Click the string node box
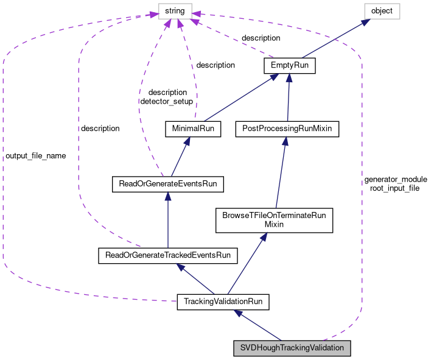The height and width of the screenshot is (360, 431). [x=175, y=12]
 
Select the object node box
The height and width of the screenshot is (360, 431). [x=382, y=12]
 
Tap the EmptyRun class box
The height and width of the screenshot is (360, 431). [x=290, y=65]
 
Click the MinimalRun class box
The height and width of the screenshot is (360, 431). [x=193, y=129]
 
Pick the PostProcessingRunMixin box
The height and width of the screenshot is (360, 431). [x=287, y=129]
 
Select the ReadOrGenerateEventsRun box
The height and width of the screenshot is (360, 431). [x=168, y=184]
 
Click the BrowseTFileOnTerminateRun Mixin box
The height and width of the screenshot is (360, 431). [x=275, y=221]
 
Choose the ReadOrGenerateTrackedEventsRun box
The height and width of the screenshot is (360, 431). [x=168, y=256]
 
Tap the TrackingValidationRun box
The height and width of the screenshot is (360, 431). [x=223, y=302]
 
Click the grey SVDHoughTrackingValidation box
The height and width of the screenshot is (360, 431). [x=292, y=348]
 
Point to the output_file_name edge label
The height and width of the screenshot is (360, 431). [x=36, y=156]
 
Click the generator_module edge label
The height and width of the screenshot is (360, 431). [x=396, y=180]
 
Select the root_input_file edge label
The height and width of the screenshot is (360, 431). [x=394, y=188]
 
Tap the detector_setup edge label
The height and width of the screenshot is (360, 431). [x=167, y=102]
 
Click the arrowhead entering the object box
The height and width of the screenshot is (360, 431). [x=366, y=22]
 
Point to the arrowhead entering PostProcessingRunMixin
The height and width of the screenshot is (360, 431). [x=286, y=141]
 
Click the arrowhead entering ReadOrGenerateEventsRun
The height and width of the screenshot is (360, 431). [x=167, y=196]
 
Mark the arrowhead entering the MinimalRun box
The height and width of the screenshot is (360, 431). [x=187, y=141]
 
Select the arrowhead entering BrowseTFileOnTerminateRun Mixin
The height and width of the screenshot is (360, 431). [x=264, y=237]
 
